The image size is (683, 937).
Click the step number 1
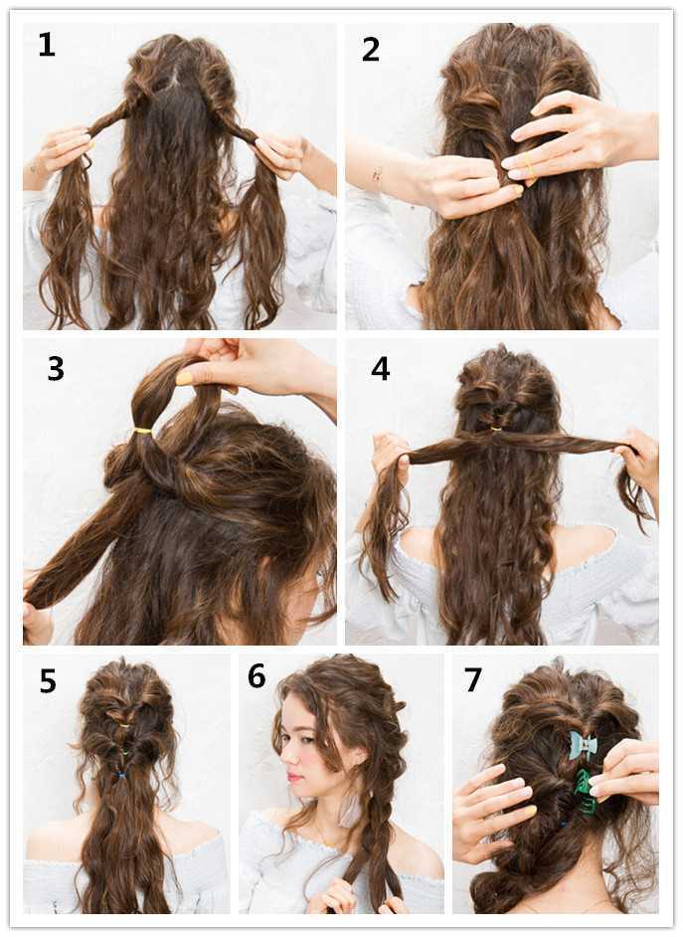pos(47,44)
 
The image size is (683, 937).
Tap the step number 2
pos(370,49)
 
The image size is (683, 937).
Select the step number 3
pos(56,369)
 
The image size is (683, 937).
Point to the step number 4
pos(381,369)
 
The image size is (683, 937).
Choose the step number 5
pos(48,680)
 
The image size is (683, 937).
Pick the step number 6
pos(256,675)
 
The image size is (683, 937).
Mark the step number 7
pos(473,679)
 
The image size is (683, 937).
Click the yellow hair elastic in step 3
pos(142,431)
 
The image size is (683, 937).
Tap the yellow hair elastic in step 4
pos(495,429)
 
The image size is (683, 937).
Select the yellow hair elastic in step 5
pos(124,725)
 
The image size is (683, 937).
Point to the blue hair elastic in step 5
pos(121,776)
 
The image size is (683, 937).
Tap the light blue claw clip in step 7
pos(583,745)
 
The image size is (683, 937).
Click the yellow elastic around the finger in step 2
pos(528,162)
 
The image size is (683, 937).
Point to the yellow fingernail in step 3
pos(184,378)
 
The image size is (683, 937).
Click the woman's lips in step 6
pos(292,777)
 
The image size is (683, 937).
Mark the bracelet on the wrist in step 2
pos(378,177)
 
